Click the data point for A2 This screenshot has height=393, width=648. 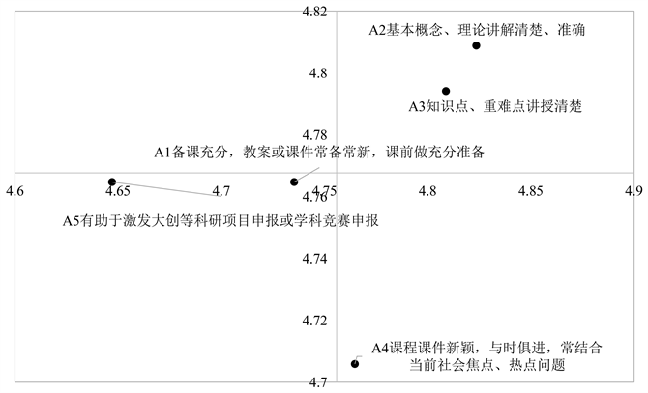coord(477,45)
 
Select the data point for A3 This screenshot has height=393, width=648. coord(446,91)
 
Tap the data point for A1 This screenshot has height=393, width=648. coord(294,182)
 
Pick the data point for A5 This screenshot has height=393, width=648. coord(112,182)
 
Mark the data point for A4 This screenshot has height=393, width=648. coord(355,363)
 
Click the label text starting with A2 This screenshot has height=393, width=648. coord(477,29)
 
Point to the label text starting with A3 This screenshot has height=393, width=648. coord(494,106)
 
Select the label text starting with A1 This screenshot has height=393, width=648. coord(319,152)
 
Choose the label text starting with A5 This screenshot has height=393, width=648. coord(220,220)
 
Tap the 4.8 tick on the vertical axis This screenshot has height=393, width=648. coord(319,73)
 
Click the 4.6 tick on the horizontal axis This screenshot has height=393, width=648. coord(15,191)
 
